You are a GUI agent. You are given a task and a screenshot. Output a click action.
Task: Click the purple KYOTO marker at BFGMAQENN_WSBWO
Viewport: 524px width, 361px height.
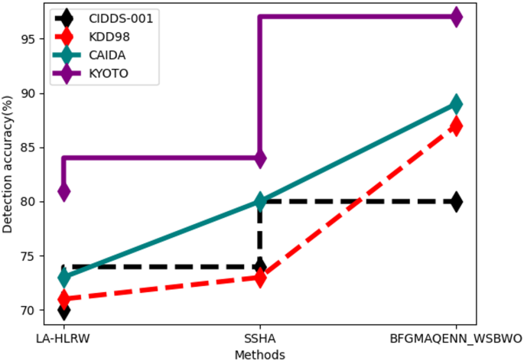(456, 16)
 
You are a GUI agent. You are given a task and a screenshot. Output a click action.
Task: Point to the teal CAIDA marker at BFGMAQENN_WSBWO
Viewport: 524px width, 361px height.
(456, 103)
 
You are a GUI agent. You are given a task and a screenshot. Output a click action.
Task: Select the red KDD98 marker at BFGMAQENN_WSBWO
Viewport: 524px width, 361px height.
(456, 125)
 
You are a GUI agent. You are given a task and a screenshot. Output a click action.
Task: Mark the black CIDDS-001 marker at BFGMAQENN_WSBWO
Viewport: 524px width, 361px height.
(456, 201)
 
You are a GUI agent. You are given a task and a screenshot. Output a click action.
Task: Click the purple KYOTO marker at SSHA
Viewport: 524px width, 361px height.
(260, 158)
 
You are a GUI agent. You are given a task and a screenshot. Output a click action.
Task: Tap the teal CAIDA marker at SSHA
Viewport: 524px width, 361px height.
(260, 201)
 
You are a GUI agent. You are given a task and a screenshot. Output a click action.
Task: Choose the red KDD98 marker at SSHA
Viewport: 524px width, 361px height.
(260, 278)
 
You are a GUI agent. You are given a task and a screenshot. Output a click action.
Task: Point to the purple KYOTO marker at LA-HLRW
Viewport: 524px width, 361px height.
(64, 190)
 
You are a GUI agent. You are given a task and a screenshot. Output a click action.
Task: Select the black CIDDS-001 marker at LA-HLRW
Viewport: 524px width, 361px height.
(64, 310)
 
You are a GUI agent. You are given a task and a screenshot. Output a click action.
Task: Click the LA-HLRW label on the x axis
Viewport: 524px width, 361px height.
(64, 338)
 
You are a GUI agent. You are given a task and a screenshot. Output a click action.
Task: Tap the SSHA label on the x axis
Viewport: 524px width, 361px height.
(260, 338)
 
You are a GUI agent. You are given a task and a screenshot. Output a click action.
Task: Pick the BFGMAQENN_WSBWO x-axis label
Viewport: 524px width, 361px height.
(456, 338)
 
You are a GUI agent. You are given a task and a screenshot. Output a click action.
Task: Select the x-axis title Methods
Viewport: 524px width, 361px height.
(260, 353)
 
